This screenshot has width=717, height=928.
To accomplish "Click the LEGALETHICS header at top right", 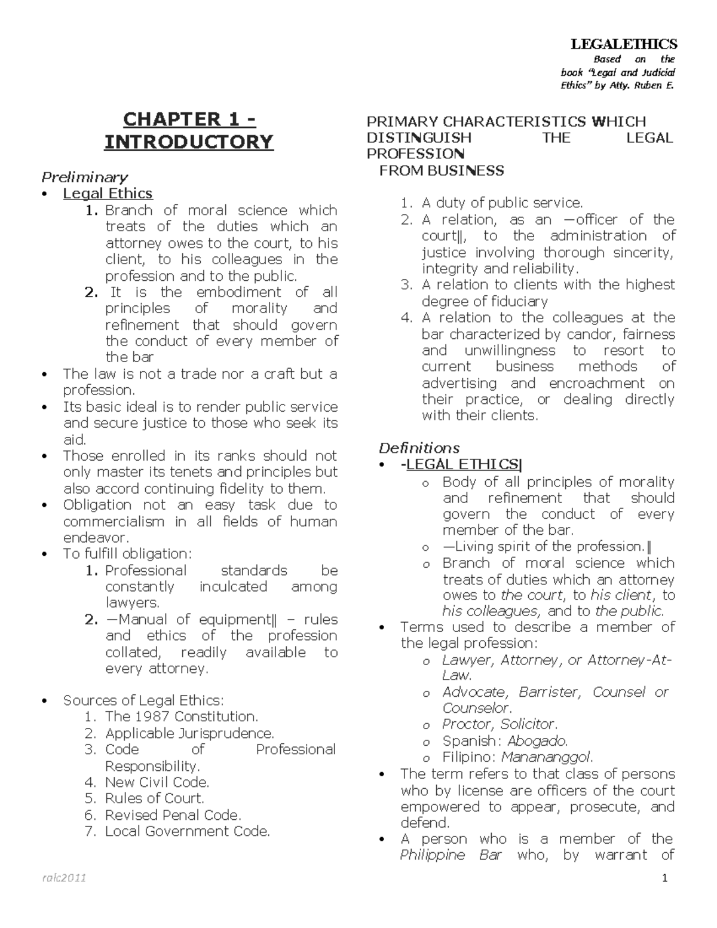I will tap(624, 44).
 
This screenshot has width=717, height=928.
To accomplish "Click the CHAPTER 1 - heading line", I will tap(189, 120).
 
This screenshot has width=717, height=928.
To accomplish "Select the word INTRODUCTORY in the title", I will tap(189, 142).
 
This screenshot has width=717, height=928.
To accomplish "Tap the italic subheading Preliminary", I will tap(84, 177).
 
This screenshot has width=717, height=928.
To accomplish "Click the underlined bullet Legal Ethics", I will tap(108, 194).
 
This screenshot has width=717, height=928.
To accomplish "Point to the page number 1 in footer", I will tap(664, 878).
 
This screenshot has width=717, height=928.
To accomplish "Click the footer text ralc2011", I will tap(64, 878).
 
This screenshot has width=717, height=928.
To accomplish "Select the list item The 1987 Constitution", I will tap(182, 716).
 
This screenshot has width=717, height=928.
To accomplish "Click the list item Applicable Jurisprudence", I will tap(189, 733).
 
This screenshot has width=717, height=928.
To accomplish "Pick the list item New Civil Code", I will tap(157, 782).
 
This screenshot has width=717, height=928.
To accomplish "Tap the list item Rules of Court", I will tap(155, 798).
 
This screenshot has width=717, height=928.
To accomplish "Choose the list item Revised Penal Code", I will tap(173, 815).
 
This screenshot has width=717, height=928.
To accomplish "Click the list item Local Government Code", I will tap(188, 831).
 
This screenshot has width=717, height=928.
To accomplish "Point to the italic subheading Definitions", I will tap(419, 448).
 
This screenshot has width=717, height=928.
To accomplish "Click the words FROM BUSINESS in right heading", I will tap(442, 171).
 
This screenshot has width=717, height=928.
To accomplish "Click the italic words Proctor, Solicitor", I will tap(500, 724).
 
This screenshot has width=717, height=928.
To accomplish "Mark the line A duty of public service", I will tap(502, 203).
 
